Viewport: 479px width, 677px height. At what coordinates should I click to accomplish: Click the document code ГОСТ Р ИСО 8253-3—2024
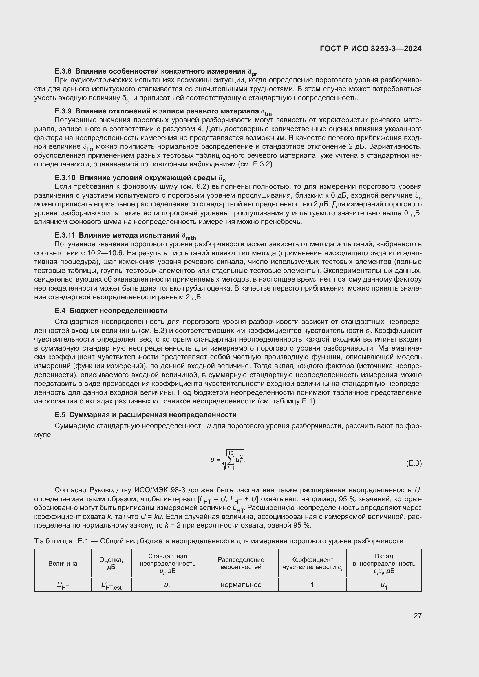pos(370,49)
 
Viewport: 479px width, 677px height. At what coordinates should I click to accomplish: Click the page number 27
pos(417,616)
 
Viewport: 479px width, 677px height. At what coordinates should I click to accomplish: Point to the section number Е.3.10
pos(65,177)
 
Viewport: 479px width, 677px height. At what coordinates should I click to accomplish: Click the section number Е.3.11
pos(65,235)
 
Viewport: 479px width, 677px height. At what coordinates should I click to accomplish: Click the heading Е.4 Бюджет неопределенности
pos(111,311)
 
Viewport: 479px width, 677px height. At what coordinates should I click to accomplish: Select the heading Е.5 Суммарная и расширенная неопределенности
pos(146,414)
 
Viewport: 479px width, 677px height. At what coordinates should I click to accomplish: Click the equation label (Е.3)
pos(414,463)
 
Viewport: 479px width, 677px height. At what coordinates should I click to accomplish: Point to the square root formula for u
pos(228,460)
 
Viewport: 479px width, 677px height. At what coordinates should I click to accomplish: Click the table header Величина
pos(63,563)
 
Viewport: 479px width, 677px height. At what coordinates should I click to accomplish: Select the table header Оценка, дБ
pos(111,563)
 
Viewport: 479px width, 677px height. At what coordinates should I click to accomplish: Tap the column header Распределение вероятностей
pos(241,563)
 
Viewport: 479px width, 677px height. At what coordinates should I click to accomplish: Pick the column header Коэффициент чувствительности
pos(312,563)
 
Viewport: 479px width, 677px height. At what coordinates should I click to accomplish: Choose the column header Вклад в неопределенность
pos(384,563)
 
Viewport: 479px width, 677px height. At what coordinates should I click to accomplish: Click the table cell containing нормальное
pos(241,584)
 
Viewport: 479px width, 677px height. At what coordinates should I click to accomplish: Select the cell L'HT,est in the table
pos(111,585)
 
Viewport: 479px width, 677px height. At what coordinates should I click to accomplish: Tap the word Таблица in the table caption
pos(53,541)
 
